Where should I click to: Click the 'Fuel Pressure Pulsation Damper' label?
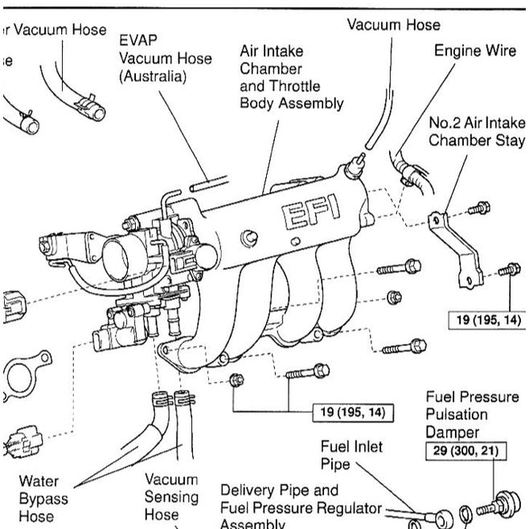pos(467,414)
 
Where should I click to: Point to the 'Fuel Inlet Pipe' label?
pos(351,454)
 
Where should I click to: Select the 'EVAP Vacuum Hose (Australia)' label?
pos(165,58)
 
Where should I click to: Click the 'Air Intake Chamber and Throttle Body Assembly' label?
pos(291,77)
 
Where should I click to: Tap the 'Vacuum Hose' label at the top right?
pos(393,25)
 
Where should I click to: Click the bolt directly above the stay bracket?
pos(478,208)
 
